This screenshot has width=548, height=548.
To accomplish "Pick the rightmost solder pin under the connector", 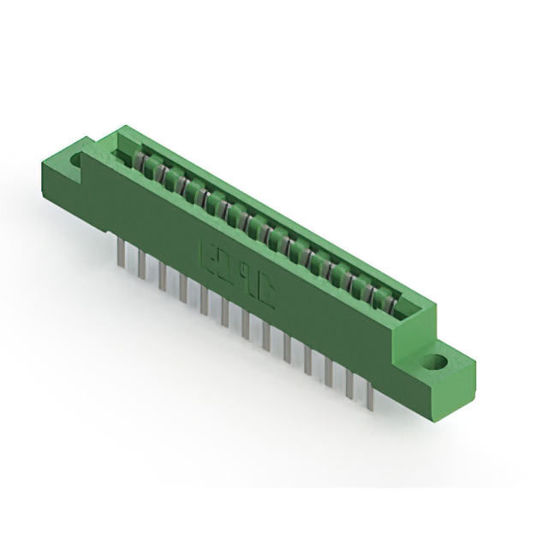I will click(x=371, y=393).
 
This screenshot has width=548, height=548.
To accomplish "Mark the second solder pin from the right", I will click(x=350, y=383).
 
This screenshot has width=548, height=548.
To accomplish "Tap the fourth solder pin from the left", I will click(x=182, y=288).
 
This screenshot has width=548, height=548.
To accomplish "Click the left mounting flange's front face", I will click(x=62, y=184).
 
